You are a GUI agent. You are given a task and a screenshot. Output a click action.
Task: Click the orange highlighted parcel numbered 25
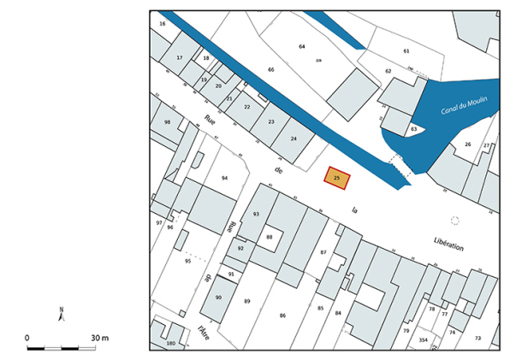pos(337,178)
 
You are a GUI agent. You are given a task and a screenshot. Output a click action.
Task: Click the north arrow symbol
pos(61,314)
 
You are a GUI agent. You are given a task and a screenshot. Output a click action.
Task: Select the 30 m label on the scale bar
pos(99,338)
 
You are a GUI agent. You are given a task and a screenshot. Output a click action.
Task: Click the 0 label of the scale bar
pos(27,338)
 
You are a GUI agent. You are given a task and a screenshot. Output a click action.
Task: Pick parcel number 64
pos(302,46)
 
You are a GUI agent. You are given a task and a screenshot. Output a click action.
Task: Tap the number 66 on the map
pos(271,69)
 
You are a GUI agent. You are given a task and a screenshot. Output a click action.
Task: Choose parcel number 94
pos(224,178)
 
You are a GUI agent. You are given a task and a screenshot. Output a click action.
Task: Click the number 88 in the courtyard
pos(269,237)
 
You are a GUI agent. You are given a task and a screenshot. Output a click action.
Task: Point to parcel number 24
pos(294,139)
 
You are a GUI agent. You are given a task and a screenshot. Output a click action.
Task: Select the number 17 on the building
pos(180,57)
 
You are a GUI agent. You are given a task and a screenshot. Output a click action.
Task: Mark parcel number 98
pos(168,123)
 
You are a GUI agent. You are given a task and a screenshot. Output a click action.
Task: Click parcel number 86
pos(282,316)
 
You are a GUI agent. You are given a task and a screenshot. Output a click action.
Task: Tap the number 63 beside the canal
pos(413,129)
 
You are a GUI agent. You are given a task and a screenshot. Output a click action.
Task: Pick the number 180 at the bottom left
pos(170,343)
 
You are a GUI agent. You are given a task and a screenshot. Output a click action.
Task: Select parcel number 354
pos(424,339)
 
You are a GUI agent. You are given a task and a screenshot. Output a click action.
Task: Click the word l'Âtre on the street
pos(203,330)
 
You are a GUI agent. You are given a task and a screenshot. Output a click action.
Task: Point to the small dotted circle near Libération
pos(454,221)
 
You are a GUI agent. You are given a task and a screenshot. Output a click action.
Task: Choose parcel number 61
pos(406,51)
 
